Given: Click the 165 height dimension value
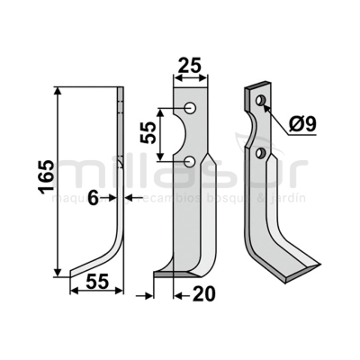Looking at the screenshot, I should (x=42, y=180).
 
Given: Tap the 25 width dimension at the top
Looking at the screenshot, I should (x=190, y=64).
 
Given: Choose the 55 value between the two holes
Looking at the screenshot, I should (x=147, y=135).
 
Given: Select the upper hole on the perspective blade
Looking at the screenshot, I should (x=260, y=100).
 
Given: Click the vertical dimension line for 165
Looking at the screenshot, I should (x=58, y=180).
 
